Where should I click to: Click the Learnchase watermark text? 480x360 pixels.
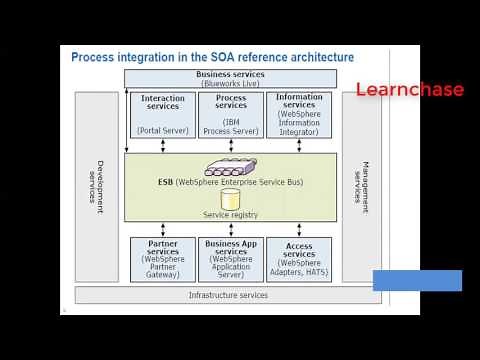coord(410,90)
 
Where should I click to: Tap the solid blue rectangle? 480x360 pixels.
coord(417,280)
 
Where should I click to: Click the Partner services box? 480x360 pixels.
coord(163,259)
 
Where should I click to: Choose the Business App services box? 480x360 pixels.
coord(231,259)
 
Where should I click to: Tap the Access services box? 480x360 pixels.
coord(299,259)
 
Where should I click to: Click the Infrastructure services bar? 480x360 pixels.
coord(229,295)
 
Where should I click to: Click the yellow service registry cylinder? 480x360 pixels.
coord(231,199)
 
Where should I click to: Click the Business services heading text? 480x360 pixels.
coord(231,75)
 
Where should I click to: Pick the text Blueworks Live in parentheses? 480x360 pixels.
coord(232,85)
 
